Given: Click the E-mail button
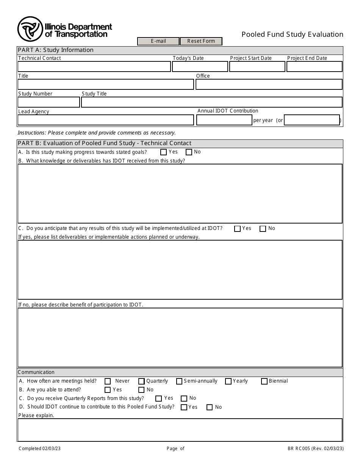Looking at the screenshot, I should coord(158,41).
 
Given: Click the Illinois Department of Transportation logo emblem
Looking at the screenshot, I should coord(30,29).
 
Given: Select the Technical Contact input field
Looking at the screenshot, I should coord(94,67).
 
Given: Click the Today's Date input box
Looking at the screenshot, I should coord(200,67).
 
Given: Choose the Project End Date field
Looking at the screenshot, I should coord(314,67).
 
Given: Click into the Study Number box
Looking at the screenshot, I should coord(49,102).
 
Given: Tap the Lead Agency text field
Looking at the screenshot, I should coord(106,120).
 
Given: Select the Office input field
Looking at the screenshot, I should coord(269,84).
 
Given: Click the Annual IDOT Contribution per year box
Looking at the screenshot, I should coord(224,120).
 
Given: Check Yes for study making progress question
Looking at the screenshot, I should coord(164,152).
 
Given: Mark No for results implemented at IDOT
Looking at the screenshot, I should coord(263,229).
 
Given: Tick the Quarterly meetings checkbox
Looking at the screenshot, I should coord(141,382).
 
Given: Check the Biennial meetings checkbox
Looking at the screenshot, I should coord(264,382).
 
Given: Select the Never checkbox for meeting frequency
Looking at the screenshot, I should coord(108,382).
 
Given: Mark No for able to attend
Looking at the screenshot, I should coord(141,390).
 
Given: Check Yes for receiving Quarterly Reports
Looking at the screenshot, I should coord(158,399).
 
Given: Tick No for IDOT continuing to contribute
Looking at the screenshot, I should coord(210,408).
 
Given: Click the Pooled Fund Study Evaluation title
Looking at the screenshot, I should coord(292,34).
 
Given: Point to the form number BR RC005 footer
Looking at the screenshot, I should coord(315,449).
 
